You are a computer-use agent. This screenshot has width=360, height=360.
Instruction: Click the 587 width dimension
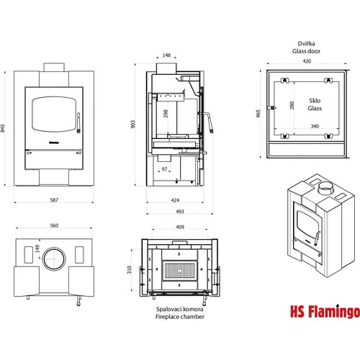point(54,199)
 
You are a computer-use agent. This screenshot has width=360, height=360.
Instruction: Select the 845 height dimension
point(3,128)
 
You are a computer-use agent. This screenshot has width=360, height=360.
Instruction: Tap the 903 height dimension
point(133,124)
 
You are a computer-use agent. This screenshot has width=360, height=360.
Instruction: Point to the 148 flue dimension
point(166,55)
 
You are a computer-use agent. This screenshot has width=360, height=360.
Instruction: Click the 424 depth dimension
point(175,200)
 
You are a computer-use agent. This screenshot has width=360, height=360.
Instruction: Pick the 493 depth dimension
point(180,212)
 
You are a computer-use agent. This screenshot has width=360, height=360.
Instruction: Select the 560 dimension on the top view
point(54,225)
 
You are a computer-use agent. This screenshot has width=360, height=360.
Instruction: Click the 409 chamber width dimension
point(180,227)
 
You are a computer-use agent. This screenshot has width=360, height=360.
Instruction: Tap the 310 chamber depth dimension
point(130,269)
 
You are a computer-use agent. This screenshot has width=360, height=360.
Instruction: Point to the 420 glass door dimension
point(307,61)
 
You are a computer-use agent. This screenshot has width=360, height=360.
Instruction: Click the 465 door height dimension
point(258,114)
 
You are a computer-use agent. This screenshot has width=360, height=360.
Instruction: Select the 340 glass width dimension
point(315,126)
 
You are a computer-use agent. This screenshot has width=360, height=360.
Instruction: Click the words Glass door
point(306,51)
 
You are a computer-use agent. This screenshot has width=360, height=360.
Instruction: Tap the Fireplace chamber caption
point(180,317)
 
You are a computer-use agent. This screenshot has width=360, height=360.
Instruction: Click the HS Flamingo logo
point(325,311)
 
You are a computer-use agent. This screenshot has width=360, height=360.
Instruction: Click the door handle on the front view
point(78,123)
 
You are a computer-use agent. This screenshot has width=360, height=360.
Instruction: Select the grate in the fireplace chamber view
point(180,271)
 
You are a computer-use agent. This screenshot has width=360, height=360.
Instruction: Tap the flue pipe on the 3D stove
point(325,188)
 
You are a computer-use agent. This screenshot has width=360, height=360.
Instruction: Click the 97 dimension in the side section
point(164,169)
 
